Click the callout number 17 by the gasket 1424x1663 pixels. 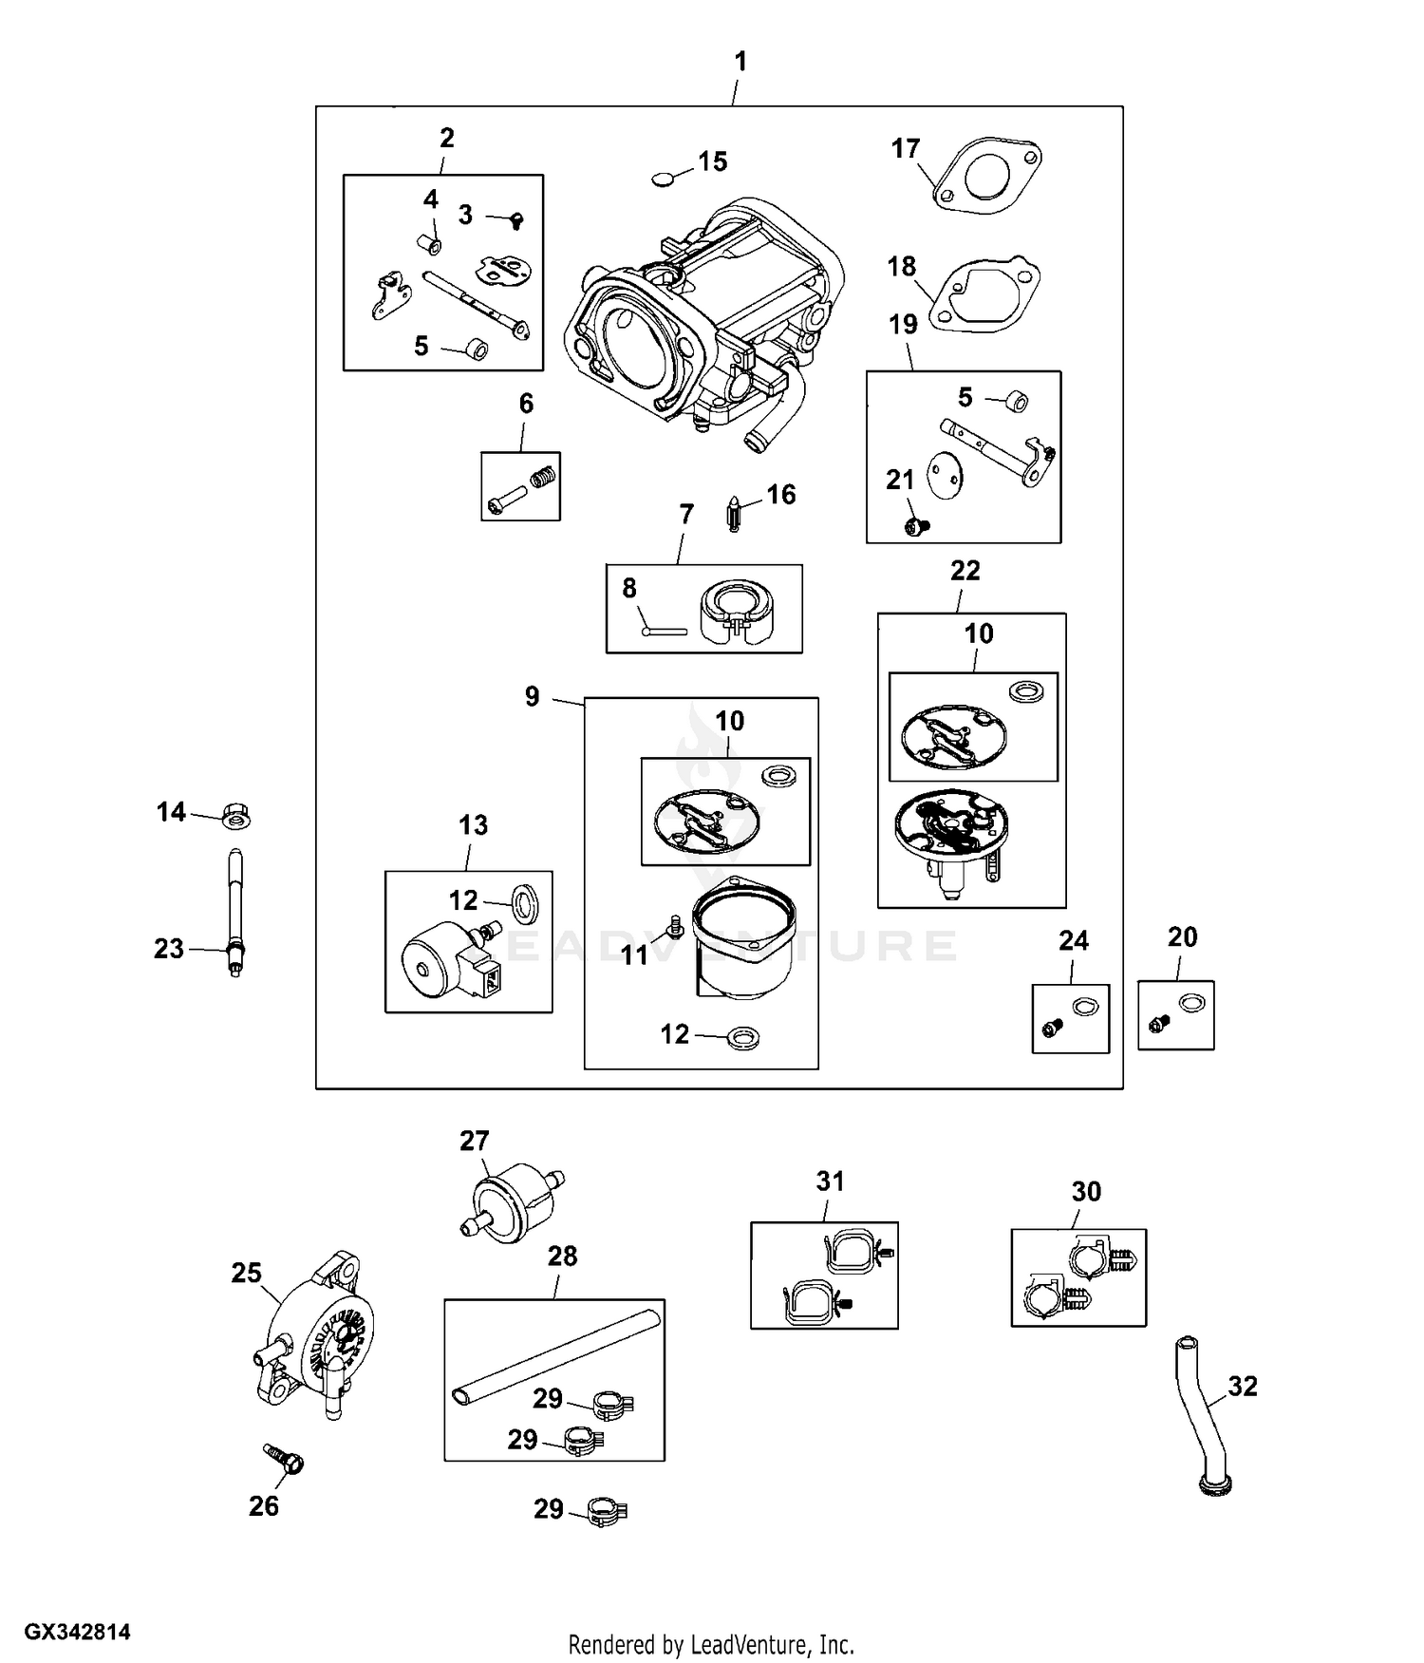[906, 148]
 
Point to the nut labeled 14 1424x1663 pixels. [236, 815]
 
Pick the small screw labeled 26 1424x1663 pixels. [283, 1459]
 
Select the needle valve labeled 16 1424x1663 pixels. [734, 514]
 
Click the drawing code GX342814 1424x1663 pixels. [77, 1633]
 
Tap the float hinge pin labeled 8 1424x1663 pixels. [664, 629]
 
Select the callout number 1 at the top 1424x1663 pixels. [740, 62]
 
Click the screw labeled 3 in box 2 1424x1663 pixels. [515, 219]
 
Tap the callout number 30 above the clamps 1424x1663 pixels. [1086, 1191]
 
